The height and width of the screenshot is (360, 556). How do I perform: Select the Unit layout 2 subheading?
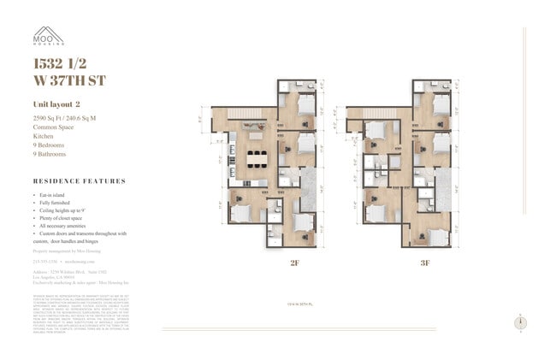(x=58, y=104)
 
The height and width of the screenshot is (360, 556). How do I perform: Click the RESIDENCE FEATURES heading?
(x=79, y=181)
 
